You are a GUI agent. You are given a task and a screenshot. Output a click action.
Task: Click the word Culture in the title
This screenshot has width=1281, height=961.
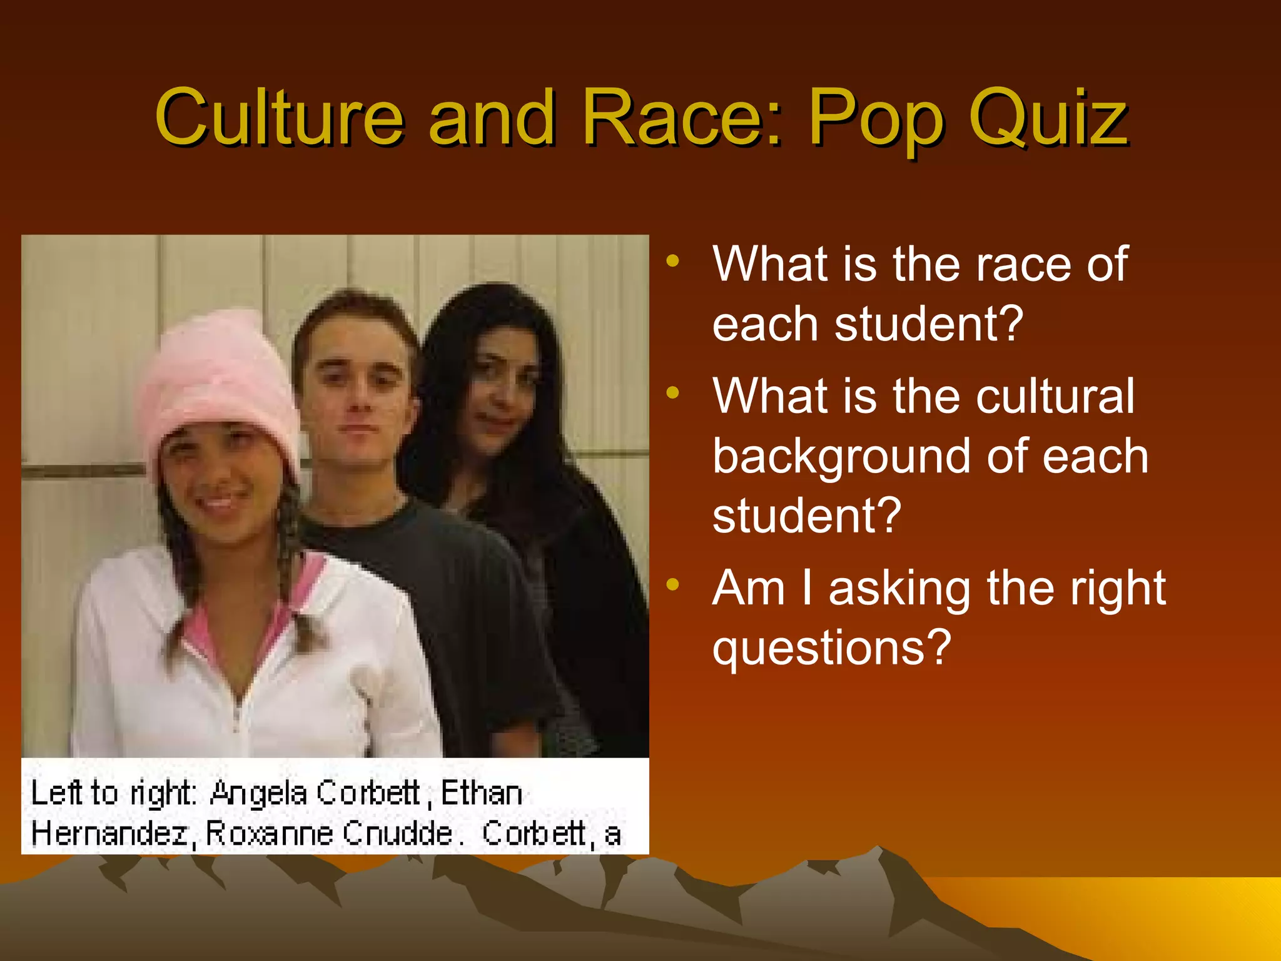[x=279, y=117]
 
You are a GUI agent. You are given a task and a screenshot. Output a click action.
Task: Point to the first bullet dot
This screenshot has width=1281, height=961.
[x=672, y=261]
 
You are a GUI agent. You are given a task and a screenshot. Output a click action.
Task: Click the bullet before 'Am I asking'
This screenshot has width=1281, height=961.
[x=672, y=585]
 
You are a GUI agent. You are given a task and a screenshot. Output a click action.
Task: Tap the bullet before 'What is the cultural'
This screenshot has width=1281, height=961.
[x=672, y=393]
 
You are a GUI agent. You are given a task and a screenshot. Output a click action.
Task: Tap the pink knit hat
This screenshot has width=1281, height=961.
[x=219, y=375]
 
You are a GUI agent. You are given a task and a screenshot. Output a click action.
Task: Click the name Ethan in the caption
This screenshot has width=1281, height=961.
[x=481, y=793]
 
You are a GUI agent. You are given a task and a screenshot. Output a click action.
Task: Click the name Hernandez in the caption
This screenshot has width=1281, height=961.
[x=109, y=833]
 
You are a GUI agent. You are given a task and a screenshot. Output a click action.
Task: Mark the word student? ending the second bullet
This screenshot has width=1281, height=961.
[x=807, y=516]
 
